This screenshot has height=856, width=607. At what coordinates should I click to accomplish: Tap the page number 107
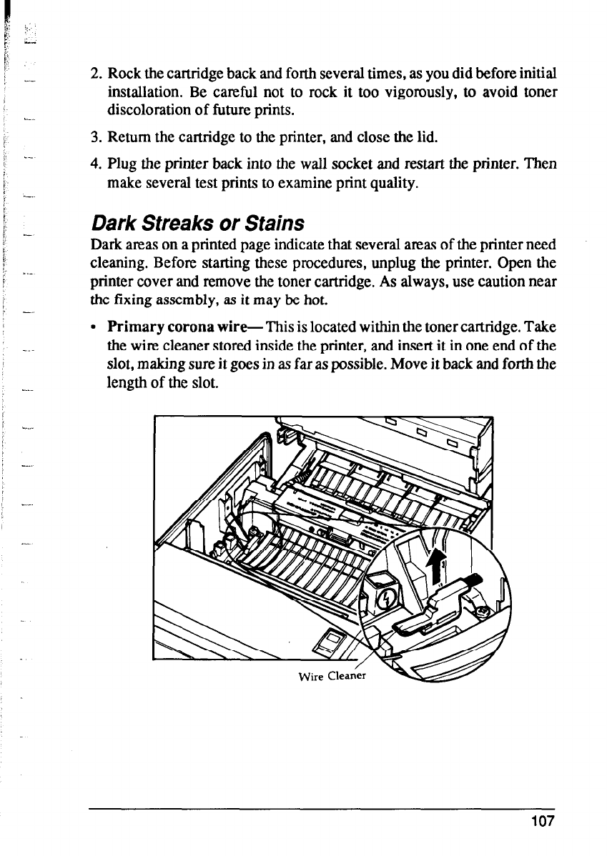pyautogui.click(x=543, y=821)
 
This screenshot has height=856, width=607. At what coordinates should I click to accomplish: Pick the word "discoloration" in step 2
pyautogui.click(x=148, y=111)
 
